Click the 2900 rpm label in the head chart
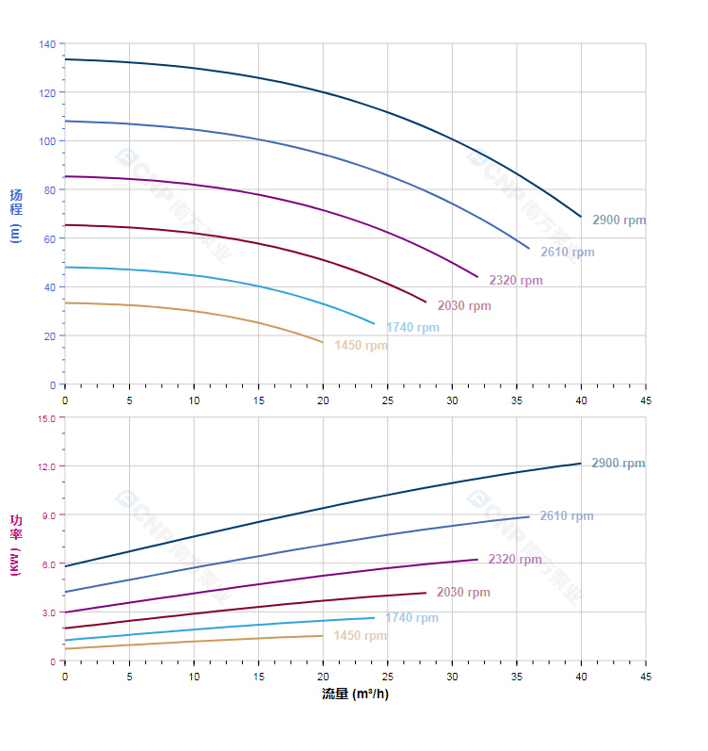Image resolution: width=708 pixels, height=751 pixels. pyautogui.click(x=619, y=220)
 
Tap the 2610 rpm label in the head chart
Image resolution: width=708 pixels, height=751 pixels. pyautogui.click(x=567, y=253)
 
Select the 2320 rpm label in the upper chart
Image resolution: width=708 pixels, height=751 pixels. pyautogui.click(x=515, y=281)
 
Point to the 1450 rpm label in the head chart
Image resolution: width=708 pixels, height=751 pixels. pyautogui.click(x=361, y=346)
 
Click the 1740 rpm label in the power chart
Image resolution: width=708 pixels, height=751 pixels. pyautogui.click(x=411, y=618)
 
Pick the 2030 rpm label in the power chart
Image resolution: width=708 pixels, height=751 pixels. pyautogui.click(x=463, y=593)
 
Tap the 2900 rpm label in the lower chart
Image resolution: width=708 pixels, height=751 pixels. pyautogui.click(x=618, y=464)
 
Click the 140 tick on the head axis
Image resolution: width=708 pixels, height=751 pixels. pyautogui.click(x=47, y=44)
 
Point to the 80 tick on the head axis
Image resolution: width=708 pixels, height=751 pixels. pyautogui.click(x=50, y=190)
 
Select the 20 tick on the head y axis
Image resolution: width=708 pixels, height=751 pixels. pyautogui.click(x=50, y=336)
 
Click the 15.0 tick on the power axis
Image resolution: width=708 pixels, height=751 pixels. pyautogui.click(x=47, y=418)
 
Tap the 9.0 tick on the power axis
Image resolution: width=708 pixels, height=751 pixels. pyautogui.click(x=49, y=515)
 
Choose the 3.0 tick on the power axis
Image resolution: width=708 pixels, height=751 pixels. pyautogui.click(x=49, y=612)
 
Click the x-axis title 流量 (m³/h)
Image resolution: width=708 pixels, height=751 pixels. pyautogui.click(x=355, y=694)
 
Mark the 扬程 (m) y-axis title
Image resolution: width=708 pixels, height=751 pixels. pyautogui.click(x=15, y=215)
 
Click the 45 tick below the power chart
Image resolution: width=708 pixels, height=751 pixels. pyautogui.click(x=645, y=677)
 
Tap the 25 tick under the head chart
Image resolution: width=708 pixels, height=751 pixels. pyautogui.click(x=387, y=400)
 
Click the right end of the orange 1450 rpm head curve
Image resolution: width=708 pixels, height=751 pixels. pyautogui.click(x=323, y=342)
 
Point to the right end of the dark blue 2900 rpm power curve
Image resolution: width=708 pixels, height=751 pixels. pyautogui.click(x=581, y=464)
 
